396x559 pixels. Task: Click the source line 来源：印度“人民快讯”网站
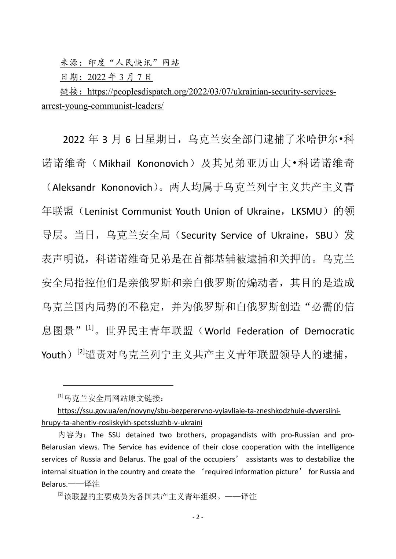120,63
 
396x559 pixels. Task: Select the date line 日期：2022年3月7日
106,77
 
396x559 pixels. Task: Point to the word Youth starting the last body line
54,355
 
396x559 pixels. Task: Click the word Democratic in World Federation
329,331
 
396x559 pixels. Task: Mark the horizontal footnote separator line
118,385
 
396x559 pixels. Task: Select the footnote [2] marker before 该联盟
60,495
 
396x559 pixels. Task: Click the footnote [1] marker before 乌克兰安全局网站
60,396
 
